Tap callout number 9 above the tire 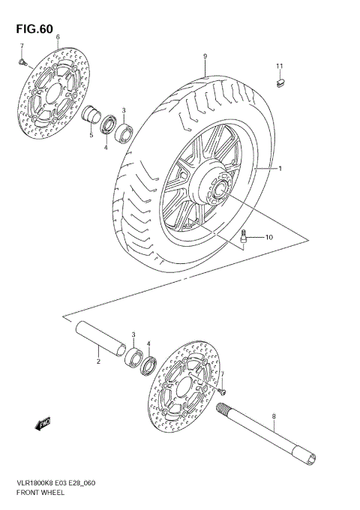click(204, 57)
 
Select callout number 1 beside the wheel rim click(280, 169)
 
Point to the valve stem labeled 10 click(244, 238)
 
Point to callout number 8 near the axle click(274, 417)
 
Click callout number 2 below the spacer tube click(97, 362)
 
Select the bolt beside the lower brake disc click(222, 389)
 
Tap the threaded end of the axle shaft click(226, 409)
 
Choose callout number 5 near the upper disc click(90, 136)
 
